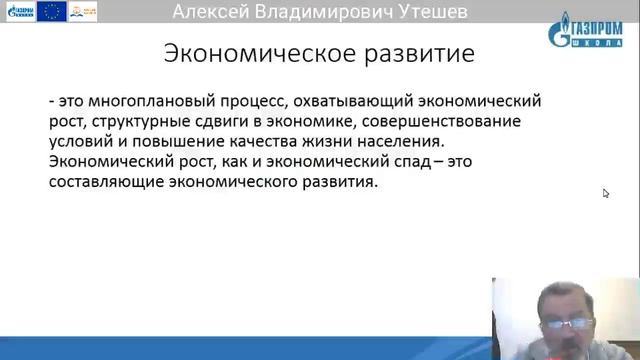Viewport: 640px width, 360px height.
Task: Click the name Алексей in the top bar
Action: pyautogui.click(x=215, y=12)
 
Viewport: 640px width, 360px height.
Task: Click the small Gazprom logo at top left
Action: pyautogui.click(x=20, y=11)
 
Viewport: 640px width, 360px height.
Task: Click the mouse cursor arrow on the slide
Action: pyautogui.click(x=606, y=193)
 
